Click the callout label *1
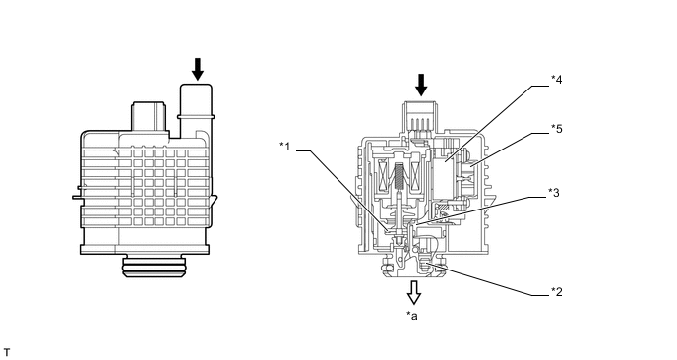[285, 147]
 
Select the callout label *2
[557, 292]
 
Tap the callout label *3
[554, 193]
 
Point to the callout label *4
[557, 80]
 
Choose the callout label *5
[557, 129]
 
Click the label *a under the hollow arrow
[412, 316]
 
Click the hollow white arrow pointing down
[414, 293]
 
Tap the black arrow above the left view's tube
[198, 69]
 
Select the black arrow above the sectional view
[421, 85]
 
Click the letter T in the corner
[7, 353]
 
